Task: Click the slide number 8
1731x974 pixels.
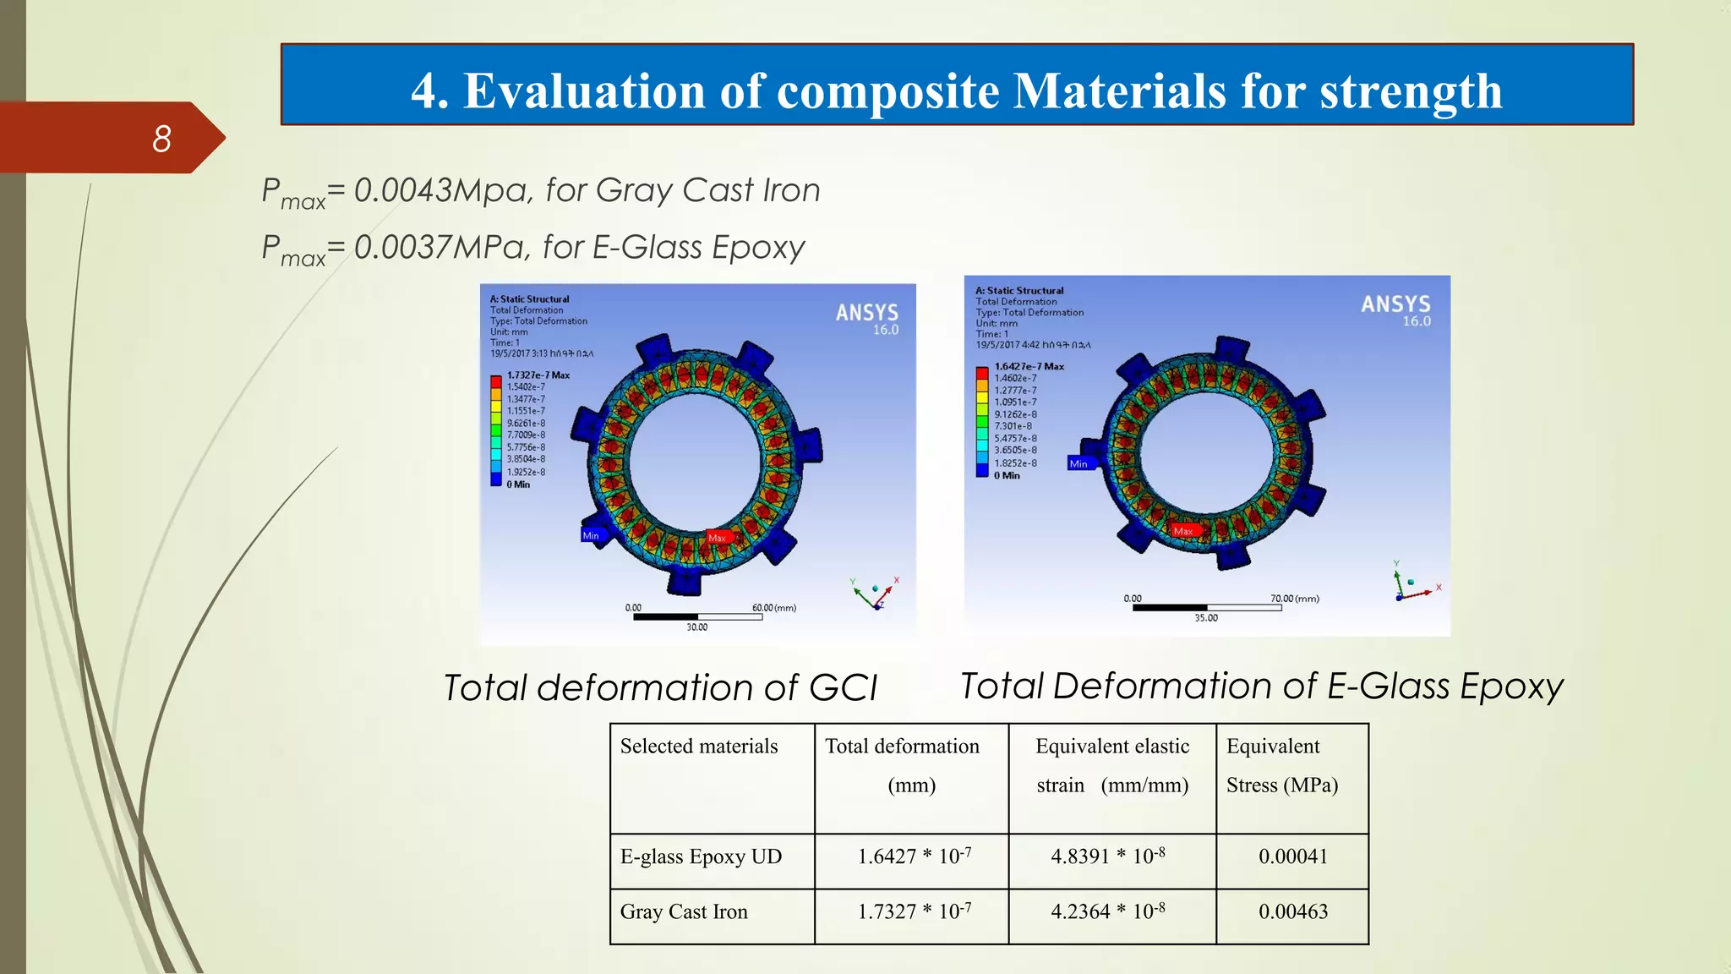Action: (x=161, y=139)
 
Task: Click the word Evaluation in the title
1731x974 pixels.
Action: (x=584, y=91)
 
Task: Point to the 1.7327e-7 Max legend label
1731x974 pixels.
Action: (x=538, y=375)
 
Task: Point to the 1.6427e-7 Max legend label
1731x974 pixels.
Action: (x=1029, y=366)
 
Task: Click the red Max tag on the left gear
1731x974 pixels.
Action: (x=718, y=538)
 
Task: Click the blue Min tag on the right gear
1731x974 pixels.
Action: (x=1079, y=463)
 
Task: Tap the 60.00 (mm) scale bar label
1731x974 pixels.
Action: (x=773, y=607)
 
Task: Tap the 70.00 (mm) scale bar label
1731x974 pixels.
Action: (x=1294, y=598)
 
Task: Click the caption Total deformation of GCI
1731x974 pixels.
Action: (x=660, y=687)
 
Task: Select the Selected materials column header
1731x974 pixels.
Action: (x=699, y=746)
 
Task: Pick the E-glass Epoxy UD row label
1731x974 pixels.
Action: (x=701, y=856)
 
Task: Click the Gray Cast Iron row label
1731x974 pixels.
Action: (x=684, y=911)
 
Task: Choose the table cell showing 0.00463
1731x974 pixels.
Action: (x=1292, y=911)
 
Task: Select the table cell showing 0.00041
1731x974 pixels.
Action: (x=1292, y=856)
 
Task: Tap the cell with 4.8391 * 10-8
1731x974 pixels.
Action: (x=1107, y=856)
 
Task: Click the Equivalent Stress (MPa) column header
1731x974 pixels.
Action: (x=1282, y=765)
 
